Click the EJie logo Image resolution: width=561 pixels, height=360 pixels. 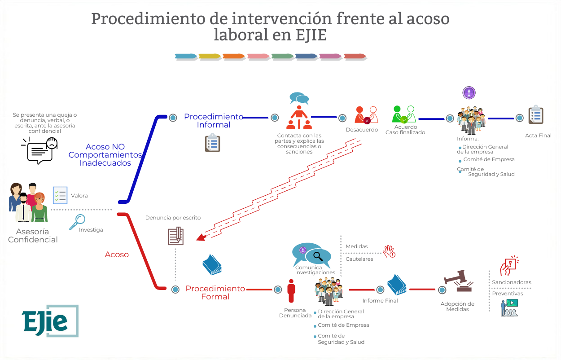(x=50, y=320)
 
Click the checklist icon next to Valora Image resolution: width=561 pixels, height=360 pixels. (x=60, y=195)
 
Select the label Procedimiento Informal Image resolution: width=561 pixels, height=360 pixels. (x=214, y=121)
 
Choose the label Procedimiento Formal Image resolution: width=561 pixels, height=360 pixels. (x=215, y=292)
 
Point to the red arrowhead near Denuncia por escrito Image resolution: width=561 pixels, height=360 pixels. (x=201, y=237)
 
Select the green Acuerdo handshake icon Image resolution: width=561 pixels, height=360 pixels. (x=403, y=114)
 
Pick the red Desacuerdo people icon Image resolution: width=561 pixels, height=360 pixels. (x=366, y=115)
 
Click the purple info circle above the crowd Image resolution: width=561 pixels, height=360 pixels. (x=469, y=93)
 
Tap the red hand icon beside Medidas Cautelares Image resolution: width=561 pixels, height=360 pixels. (x=389, y=251)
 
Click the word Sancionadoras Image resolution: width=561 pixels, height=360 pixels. (x=511, y=282)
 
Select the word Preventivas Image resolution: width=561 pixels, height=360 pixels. (x=508, y=294)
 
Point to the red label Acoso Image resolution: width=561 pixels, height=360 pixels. (x=117, y=255)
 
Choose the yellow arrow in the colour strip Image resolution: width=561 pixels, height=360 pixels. (x=210, y=57)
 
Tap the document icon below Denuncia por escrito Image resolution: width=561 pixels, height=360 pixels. (x=175, y=236)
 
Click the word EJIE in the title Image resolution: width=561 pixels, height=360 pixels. (x=306, y=35)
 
